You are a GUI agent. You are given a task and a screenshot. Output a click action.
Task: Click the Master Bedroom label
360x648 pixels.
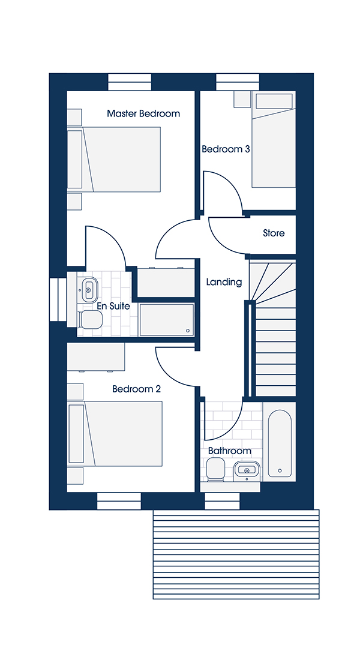143,113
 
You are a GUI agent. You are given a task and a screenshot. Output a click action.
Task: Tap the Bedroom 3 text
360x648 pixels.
226,149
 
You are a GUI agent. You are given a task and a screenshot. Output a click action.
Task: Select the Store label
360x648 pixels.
274,233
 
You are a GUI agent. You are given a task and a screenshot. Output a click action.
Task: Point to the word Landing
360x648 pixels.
224,283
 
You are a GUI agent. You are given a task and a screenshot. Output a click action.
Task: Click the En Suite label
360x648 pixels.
113,306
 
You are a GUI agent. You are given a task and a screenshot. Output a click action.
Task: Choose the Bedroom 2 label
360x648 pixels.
136,389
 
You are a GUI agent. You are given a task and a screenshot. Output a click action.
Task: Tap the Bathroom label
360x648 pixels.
229,451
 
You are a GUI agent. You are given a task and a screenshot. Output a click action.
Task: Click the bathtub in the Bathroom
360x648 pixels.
280,442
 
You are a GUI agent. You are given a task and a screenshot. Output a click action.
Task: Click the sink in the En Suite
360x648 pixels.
88,289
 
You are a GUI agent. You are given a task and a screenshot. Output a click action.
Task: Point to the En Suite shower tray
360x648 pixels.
167,320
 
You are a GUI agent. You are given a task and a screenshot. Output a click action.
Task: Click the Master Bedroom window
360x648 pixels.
130,82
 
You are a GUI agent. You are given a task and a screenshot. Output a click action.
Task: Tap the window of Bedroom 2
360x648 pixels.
119,501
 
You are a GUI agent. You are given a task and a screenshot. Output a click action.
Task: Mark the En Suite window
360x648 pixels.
58,299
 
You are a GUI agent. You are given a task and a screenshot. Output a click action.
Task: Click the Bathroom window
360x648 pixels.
223,501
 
